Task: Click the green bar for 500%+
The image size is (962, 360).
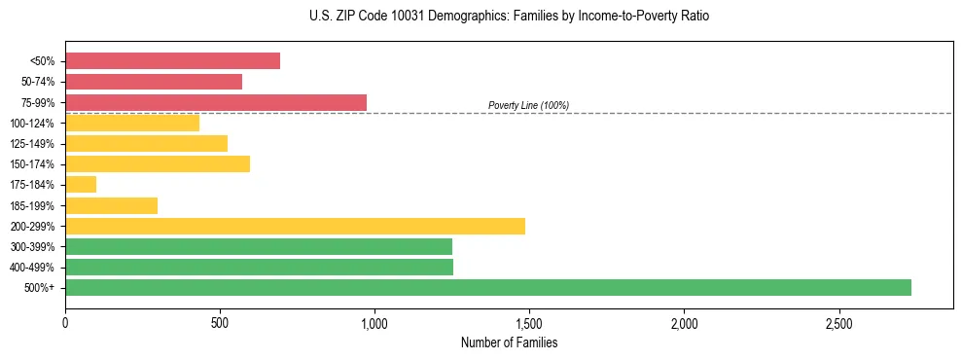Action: (487, 287)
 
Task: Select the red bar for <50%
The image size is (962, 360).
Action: (172, 61)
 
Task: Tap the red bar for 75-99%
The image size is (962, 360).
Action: (215, 102)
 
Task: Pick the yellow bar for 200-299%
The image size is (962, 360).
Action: (295, 226)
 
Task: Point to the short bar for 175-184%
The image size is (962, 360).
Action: (81, 184)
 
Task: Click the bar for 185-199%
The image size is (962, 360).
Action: (111, 205)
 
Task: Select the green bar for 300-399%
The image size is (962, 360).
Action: (258, 246)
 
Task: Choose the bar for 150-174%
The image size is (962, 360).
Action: (158, 163)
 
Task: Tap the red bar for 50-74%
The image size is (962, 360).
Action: (154, 82)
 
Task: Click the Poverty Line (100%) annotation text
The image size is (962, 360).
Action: (528, 105)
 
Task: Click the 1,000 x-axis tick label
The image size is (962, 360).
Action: (374, 323)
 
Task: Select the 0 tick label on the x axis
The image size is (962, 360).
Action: (65, 323)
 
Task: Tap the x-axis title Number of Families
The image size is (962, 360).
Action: (509, 342)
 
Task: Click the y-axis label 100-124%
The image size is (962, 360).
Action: (32, 124)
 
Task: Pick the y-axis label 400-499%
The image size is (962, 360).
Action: (32, 268)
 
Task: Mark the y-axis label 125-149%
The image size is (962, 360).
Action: (32, 144)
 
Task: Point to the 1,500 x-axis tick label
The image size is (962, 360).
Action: (529, 323)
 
